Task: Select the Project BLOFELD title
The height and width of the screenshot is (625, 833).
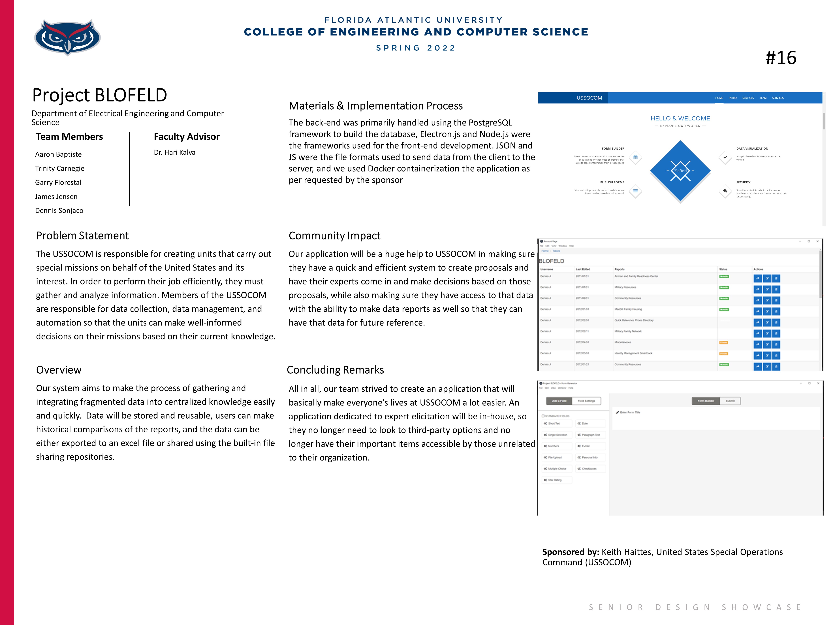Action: click(99, 95)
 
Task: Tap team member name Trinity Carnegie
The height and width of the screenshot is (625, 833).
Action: click(59, 168)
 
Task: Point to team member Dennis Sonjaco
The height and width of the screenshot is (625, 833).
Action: click(59, 211)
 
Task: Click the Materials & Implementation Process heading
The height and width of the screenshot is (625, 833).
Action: click(375, 106)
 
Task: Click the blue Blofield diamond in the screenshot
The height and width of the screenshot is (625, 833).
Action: click(680, 171)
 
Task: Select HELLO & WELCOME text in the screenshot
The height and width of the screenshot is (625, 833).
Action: click(680, 118)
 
